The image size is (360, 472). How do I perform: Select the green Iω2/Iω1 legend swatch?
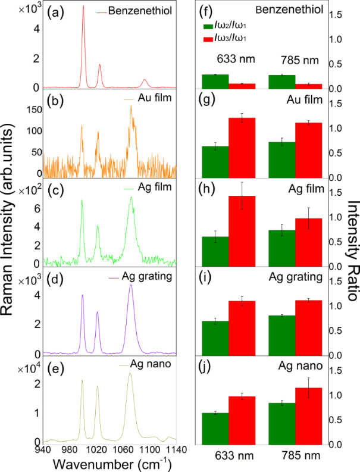tap(208, 27)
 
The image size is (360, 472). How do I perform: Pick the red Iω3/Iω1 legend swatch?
tap(208, 39)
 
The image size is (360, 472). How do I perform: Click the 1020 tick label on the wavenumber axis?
tap(97, 450)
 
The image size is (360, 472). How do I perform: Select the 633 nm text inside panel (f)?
tap(229, 60)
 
